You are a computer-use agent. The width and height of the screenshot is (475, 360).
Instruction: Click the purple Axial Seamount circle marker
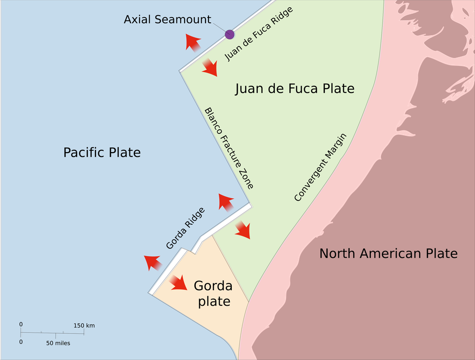pyautogui.click(x=230, y=34)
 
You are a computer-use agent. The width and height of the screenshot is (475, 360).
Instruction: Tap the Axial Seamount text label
pyautogui.click(x=167, y=20)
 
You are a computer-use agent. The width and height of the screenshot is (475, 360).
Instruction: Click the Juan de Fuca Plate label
pyautogui.click(x=295, y=89)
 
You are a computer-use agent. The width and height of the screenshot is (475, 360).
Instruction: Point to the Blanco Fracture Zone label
pyautogui.click(x=229, y=148)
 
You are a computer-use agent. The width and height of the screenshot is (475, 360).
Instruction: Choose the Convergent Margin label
pyautogui.click(x=320, y=167)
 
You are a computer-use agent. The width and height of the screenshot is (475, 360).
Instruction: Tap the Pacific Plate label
pyautogui.click(x=102, y=153)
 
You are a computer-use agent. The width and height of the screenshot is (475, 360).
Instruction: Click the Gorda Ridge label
pyautogui.click(x=185, y=228)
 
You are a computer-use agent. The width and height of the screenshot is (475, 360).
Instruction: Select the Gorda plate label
pyautogui.click(x=213, y=293)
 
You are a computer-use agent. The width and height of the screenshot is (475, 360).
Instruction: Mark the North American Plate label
pyautogui.click(x=388, y=253)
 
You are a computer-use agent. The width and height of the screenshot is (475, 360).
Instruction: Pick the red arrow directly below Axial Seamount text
pyautogui.click(x=193, y=43)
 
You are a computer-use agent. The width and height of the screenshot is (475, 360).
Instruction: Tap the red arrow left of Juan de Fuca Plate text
pyautogui.click(x=209, y=67)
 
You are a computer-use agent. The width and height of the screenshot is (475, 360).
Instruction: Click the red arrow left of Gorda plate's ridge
pyautogui.click(x=153, y=262)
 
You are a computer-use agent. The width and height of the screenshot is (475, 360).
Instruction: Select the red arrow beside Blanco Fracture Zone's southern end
pyautogui.click(x=226, y=201)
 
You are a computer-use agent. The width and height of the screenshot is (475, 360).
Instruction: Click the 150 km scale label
pyautogui.click(x=84, y=326)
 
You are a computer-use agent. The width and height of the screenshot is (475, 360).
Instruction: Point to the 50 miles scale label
pyautogui.click(x=58, y=343)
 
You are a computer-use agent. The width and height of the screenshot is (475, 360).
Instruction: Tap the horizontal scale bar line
pyautogui.click(x=52, y=333)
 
